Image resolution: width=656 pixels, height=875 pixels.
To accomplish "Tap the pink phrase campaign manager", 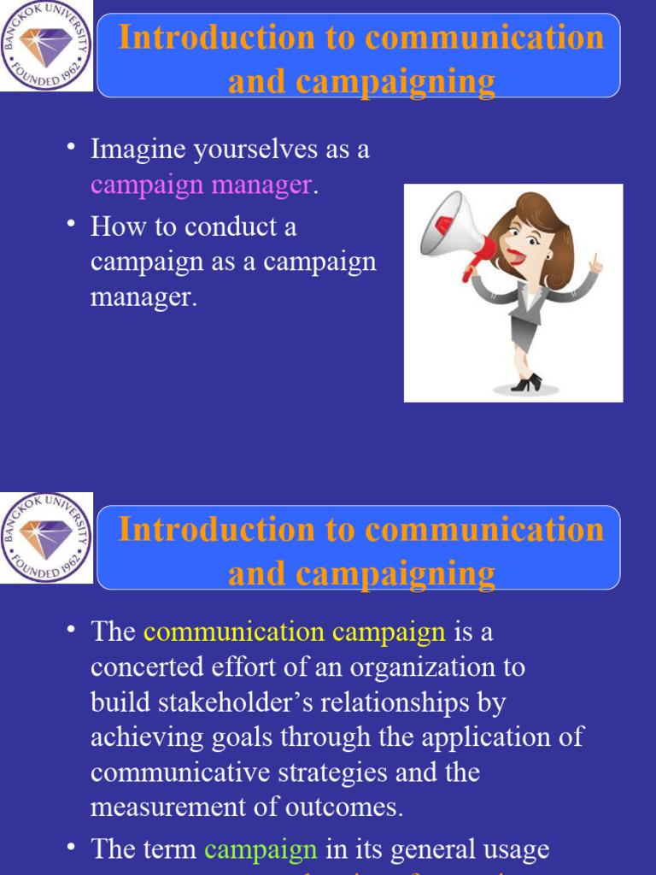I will [202, 185].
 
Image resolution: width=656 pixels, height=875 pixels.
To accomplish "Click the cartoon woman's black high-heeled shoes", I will [526, 384].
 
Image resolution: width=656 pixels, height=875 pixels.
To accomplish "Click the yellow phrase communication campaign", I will [295, 632].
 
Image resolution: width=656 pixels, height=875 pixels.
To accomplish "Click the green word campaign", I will [261, 849].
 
